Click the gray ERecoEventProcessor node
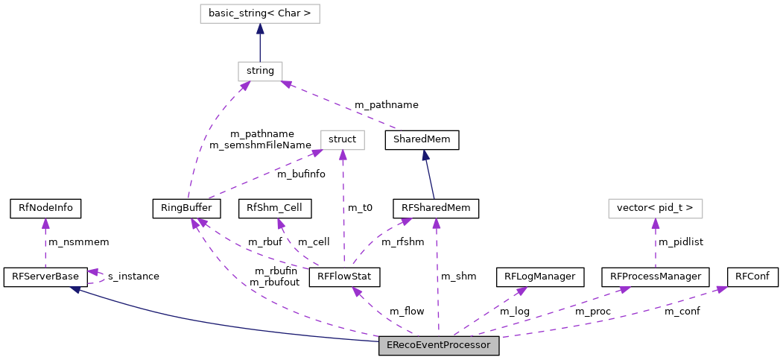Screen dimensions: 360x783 (x=439, y=346)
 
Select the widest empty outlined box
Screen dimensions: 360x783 (x=260, y=14)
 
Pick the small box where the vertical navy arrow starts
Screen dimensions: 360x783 (x=260, y=72)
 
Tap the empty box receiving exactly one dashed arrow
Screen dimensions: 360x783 (x=655, y=209)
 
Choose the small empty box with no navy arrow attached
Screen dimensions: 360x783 (x=343, y=140)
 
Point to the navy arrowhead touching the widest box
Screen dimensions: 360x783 (x=260, y=28)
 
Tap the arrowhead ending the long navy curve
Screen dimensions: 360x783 (x=75, y=289)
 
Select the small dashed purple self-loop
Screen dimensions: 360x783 (x=98, y=277)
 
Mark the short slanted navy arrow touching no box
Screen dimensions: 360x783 (x=428, y=175)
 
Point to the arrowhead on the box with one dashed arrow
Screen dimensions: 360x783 (x=656, y=224)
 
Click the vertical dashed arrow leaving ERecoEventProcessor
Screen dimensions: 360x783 (x=437, y=283)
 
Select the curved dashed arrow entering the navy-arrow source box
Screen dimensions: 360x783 (x=205, y=134)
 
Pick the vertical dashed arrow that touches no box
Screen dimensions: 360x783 (x=45, y=244)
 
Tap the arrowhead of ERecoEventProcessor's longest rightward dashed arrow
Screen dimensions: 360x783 (x=721, y=288)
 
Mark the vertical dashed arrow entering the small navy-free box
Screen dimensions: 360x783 (x=343, y=209)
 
